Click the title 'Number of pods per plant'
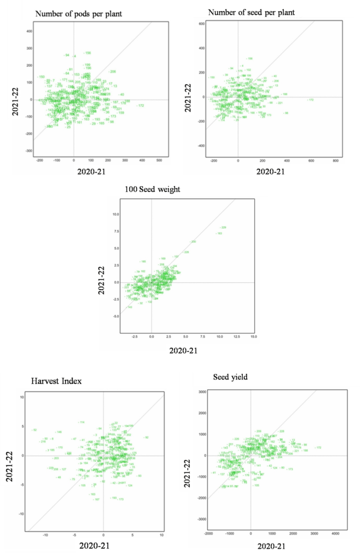click(78, 14)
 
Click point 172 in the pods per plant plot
click(141, 106)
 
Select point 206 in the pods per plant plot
click(112, 71)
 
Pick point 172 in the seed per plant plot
click(311, 100)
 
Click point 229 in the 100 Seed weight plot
click(223, 228)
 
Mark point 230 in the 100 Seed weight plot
click(193, 242)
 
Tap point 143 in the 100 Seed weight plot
click(130, 307)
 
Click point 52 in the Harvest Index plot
click(34, 430)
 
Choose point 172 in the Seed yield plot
click(318, 447)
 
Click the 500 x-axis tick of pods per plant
click(159, 159)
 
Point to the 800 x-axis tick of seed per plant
click(336, 159)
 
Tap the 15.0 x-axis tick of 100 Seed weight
click(254, 336)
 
